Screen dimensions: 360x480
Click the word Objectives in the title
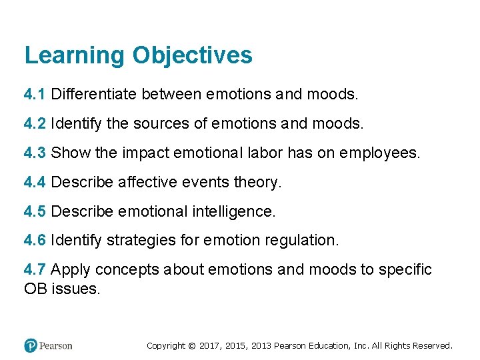[x=192, y=55]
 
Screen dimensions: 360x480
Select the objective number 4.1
[x=35, y=95]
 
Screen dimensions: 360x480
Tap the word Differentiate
[x=95, y=95]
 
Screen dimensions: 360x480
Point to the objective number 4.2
[x=35, y=123]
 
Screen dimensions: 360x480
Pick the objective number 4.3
[x=35, y=153]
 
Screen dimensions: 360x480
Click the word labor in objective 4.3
[x=264, y=153]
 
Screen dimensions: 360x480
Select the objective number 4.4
[x=35, y=182]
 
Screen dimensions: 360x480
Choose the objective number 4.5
[x=35, y=211]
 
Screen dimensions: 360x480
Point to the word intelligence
[x=233, y=211]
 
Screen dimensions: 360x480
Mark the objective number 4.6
[x=35, y=240]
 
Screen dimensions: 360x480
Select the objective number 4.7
[x=35, y=270]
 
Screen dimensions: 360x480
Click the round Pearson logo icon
[x=30, y=345]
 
